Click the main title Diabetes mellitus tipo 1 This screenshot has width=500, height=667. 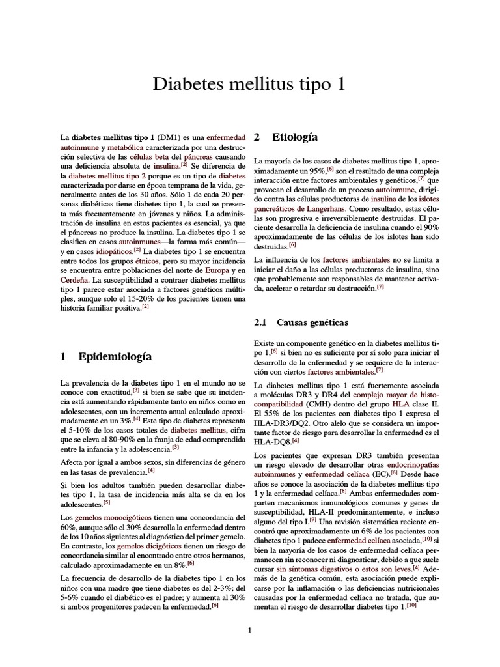pyautogui.click(x=249, y=84)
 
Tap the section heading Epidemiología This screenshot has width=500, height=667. pyautogui.click(x=115, y=356)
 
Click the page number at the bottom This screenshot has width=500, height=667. pyautogui.click(x=249, y=629)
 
